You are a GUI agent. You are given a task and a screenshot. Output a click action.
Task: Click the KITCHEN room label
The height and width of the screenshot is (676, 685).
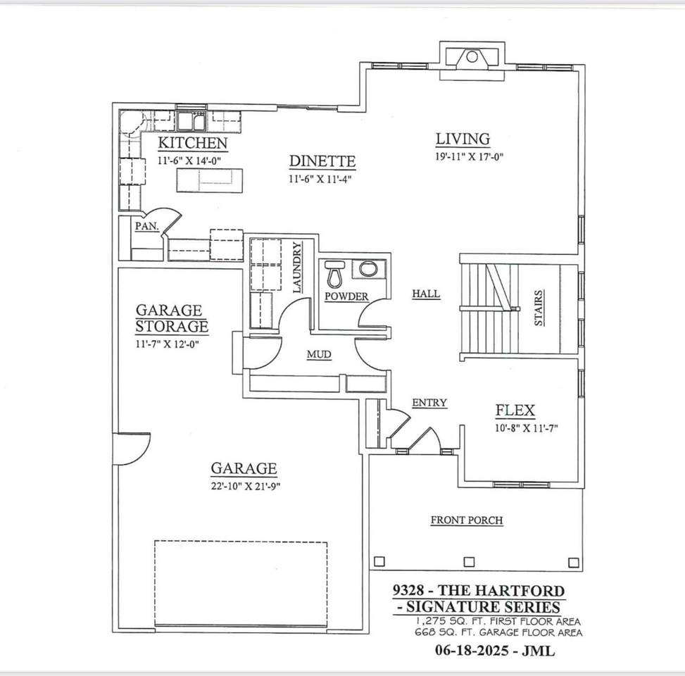pyautogui.click(x=193, y=143)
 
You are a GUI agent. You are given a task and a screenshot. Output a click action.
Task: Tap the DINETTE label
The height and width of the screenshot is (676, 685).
pyautogui.click(x=322, y=161)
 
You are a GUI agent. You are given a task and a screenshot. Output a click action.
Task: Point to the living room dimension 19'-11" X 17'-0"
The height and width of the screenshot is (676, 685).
pyautogui.click(x=469, y=156)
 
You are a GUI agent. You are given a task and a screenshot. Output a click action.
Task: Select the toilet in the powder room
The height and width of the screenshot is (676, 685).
pyautogui.click(x=335, y=273)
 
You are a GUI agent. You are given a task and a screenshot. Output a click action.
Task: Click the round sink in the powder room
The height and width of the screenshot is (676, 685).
pyautogui.click(x=368, y=269)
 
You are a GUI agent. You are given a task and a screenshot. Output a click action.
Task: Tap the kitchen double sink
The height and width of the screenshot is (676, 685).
pyautogui.click(x=191, y=121)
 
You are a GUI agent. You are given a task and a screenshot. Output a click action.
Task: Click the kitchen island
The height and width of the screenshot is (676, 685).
pyautogui.click(x=210, y=180)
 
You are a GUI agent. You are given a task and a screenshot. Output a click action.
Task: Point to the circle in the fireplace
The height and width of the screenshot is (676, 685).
pyautogui.click(x=472, y=57)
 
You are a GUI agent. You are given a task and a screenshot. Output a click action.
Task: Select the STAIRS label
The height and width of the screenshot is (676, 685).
pyautogui.click(x=539, y=308)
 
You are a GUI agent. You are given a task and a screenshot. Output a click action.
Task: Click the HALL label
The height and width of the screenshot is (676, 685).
pyautogui.click(x=426, y=294)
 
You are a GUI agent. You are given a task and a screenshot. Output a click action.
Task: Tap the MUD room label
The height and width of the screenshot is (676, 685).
pyautogui.click(x=319, y=354)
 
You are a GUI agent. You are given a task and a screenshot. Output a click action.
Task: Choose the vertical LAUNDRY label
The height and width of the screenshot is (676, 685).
pyautogui.click(x=297, y=268)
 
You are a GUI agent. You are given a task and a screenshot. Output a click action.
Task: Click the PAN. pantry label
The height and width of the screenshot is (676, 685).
pyautogui.click(x=146, y=226)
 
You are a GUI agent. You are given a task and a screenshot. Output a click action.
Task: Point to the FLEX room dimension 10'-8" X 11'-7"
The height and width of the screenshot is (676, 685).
pyautogui.click(x=527, y=428)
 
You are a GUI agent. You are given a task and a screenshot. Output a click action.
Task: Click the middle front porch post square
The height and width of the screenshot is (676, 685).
pyautogui.click(x=469, y=561)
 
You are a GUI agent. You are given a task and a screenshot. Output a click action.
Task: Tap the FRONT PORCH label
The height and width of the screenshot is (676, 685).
pyautogui.click(x=467, y=520)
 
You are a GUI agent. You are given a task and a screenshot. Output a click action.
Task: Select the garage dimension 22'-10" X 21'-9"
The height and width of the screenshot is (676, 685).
pyautogui.click(x=246, y=486)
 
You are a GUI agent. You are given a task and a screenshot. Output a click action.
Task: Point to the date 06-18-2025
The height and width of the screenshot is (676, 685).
pyautogui.click(x=472, y=651)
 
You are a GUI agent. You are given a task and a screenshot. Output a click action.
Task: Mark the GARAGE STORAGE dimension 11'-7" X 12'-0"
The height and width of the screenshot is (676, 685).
pyautogui.click(x=168, y=344)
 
